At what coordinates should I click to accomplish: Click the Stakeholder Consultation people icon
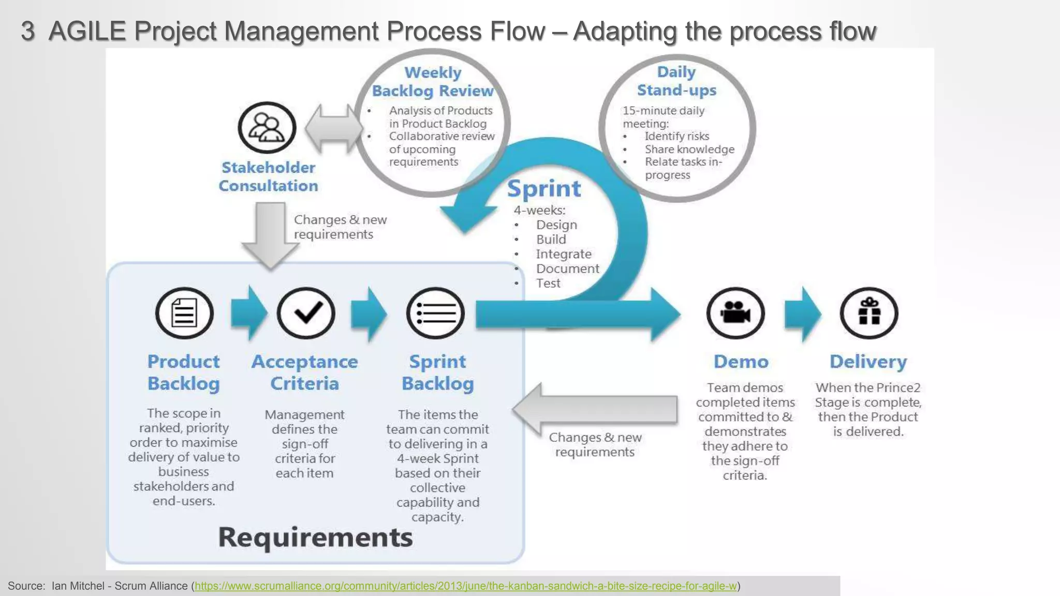click(267, 127)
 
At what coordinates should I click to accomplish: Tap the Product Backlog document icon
click(184, 313)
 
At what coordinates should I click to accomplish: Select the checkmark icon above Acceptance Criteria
click(306, 313)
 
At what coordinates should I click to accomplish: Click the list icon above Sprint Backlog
click(435, 313)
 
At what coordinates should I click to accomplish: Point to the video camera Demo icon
click(735, 313)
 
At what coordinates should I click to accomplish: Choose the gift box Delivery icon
click(869, 313)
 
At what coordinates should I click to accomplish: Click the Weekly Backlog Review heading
click(433, 82)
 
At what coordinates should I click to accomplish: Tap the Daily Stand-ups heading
click(676, 81)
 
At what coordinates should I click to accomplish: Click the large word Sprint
click(544, 188)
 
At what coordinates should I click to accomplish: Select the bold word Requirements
click(315, 537)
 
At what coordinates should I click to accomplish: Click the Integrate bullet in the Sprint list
click(563, 254)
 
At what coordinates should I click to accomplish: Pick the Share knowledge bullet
click(689, 149)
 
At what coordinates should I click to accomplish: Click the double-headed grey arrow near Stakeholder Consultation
click(333, 128)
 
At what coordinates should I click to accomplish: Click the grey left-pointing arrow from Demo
click(595, 409)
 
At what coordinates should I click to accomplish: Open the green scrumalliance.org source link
click(465, 586)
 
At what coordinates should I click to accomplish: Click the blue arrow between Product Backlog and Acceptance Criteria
click(249, 313)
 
